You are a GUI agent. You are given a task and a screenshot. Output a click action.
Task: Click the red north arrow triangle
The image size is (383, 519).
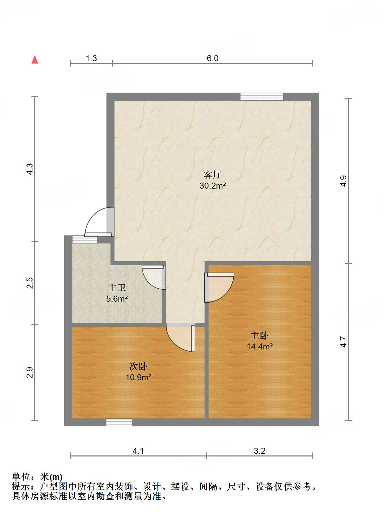coord(35,60)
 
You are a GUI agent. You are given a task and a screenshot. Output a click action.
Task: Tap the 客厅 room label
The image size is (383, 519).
coord(212,175)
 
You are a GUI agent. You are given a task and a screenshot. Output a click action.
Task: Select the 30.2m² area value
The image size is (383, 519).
coord(213,186)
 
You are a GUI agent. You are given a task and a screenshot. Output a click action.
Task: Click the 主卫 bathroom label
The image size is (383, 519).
coord(117,288)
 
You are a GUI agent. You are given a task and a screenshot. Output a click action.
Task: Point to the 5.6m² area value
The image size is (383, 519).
coord(117,299)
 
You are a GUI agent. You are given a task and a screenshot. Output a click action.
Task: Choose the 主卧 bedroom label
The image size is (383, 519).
coord(259,335)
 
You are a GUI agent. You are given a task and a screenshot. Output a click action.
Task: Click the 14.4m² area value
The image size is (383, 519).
coord(259,346)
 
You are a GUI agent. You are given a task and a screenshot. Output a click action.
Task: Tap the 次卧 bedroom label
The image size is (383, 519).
coord(138,366)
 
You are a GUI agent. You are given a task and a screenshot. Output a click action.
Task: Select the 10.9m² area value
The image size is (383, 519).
coord(138,377)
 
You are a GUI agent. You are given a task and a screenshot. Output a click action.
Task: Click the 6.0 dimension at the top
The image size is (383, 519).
coord(212,58)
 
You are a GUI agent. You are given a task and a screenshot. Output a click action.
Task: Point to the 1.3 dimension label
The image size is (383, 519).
coord(91,58)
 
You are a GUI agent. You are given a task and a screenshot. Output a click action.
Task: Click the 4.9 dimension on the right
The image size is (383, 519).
coord(343,181)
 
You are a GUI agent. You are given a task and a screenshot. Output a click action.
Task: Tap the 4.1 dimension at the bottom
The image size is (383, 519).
coord(138,451)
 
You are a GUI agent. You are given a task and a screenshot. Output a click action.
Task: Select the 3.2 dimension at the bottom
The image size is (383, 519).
coord(259,451)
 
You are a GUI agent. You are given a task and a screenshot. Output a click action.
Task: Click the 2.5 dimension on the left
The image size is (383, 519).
coord(30,283)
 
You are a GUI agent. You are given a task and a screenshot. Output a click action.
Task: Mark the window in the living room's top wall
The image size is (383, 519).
coord(261,97)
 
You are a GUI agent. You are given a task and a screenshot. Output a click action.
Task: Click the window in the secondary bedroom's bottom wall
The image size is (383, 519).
coord(119,422)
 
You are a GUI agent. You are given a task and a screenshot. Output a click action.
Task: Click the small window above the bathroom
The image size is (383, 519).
coord(85,239)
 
